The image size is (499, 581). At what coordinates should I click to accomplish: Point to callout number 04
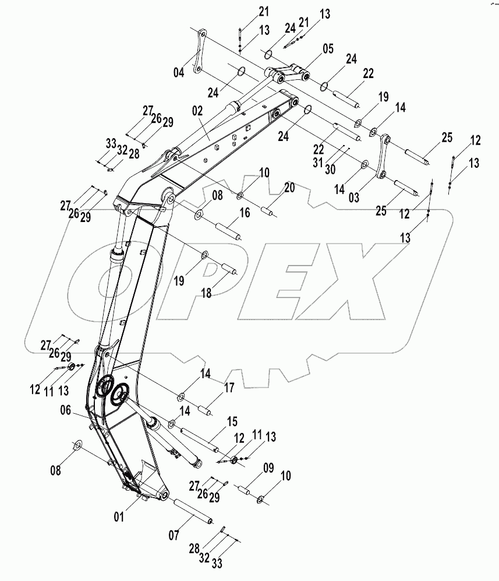click(x=179, y=73)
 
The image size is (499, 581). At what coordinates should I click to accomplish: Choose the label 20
click(x=289, y=187)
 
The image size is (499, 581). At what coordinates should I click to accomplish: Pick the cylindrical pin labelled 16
click(x=227, y=231)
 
